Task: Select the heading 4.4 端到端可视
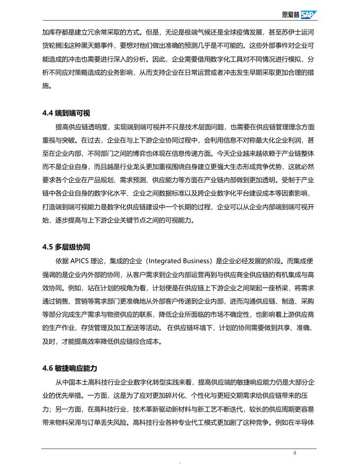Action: click(x=66, y=113)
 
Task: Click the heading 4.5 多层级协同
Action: click(x=66, y=247)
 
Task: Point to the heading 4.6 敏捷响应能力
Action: click(x=70, y=368)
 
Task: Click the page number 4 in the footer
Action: click(x=295, y=453)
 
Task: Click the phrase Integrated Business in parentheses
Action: click(x=178, y=261)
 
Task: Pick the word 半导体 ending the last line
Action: click(x=307, y=423)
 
